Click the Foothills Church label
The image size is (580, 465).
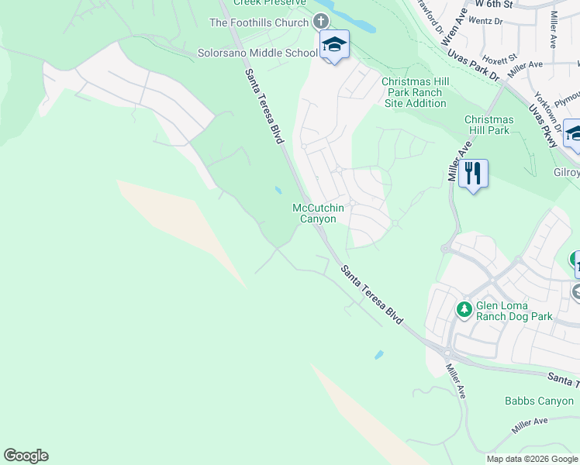[258, 22]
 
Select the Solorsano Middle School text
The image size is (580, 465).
[257, 53]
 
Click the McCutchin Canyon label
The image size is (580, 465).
[318, 213]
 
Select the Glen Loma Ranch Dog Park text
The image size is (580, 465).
[514, 311]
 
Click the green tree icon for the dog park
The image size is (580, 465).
[464, 310]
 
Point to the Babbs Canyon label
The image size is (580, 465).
[538, 401]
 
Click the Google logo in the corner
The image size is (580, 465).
[26, 456]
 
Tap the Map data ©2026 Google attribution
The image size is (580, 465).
[532, 459]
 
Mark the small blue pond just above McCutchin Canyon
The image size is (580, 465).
[278, 190]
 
